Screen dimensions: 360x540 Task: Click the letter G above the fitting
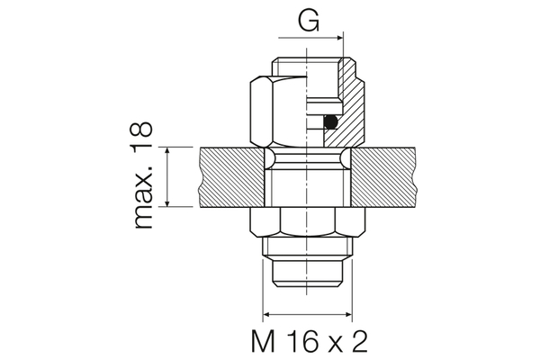(309, 22)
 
